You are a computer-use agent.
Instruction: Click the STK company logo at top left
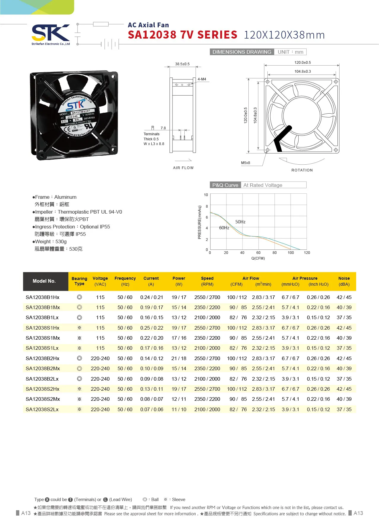[x=50, y=33]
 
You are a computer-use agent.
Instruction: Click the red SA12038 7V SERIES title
[x=183, y=35]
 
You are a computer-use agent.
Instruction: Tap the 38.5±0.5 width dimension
[x=182, y=64]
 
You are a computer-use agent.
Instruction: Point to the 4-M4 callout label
[x=202, y=79]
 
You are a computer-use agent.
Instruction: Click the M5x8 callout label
[x=245, y=163]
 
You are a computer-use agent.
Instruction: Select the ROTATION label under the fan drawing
[x=302, y=170]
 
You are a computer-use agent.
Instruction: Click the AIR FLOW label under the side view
[x=183, y=168]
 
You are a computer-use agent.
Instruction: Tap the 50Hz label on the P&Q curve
[x=240, y=222]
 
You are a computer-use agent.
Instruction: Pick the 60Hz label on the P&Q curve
[x=224, y=228]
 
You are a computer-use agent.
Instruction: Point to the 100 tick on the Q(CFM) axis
[x=291, y=253]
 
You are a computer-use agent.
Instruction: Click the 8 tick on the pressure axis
[x=207, y=206]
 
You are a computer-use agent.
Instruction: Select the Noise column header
[x=344, y=281]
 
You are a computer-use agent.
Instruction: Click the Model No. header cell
[x=44, y=281]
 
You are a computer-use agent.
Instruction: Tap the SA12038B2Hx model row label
[x=43, y=358]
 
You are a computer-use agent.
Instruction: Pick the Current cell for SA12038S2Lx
[x=152, y=409]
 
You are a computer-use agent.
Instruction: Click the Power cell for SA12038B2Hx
[x=179, y=358]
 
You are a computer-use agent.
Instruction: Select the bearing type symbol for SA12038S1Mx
[x=79, y=338]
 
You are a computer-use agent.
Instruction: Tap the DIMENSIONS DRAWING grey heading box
[x=242, y=52]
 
